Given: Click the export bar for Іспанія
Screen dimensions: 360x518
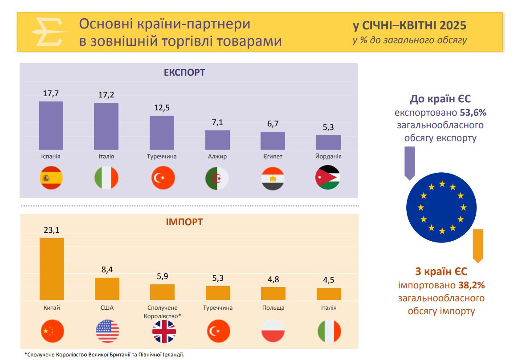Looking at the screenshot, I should (51, 126).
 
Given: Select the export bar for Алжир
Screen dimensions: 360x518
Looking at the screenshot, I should (217, 140).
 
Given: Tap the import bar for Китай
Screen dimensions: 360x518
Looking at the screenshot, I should (52, 269).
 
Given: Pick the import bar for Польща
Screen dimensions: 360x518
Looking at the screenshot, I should (273, 293).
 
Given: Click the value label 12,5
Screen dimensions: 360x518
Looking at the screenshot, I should (162, 108).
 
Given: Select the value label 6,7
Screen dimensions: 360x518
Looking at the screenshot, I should (273, 123).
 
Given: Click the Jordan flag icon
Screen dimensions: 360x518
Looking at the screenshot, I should (328, 178).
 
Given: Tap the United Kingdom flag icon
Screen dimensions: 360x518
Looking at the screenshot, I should (164, 332).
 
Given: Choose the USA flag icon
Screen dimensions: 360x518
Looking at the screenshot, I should (107, 332).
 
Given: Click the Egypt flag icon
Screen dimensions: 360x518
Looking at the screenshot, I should (273, 178).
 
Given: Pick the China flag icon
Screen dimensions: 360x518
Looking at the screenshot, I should (52, 332).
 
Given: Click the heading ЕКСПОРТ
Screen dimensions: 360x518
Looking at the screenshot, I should (184, 72).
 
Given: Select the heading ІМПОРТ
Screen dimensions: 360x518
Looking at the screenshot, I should (184, 222).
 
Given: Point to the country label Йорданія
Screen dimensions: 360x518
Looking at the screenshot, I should (328, 157).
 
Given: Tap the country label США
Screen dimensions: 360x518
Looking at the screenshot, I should (107, 307).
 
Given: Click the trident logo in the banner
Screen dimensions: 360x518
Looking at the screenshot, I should (48, 32).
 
